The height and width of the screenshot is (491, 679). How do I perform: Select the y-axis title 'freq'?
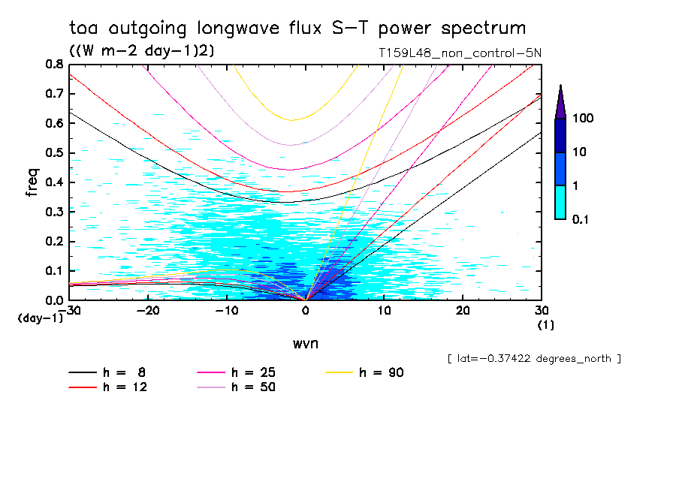(x=32, y=182)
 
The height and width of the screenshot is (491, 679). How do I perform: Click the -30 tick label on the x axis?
(x=71, y=310)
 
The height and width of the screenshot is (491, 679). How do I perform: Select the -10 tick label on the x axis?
(x=227, y=310)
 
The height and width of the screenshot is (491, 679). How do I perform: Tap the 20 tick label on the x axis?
(x=463, y=310)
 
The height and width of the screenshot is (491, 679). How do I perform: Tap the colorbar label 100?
(x=583, y=119)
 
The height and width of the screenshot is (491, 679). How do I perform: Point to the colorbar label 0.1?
(x=580, y=218)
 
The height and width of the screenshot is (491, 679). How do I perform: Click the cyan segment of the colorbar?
(x=560, y=202)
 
